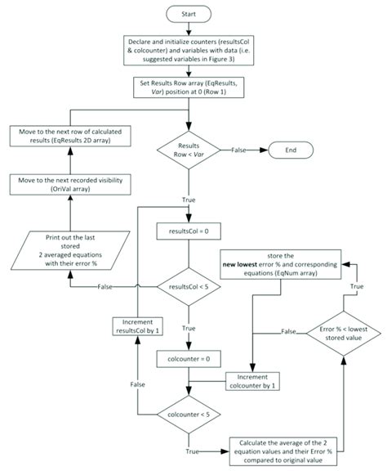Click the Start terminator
coord(189,14)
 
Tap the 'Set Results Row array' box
coord(189,88)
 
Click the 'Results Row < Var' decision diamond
coord(189,150)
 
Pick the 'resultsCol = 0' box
coord(189,231)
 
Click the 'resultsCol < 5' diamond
coord(189,287)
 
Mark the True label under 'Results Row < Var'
coord(189,198)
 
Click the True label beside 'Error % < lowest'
coord(358,288)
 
